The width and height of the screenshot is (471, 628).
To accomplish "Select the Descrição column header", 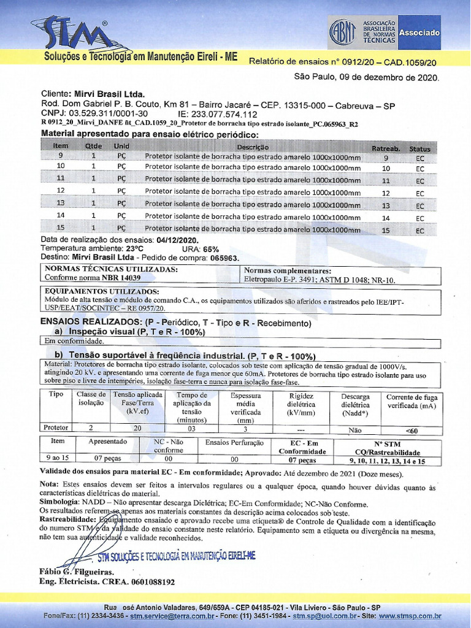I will coord(253,147).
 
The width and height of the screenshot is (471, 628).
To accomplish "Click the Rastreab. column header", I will coord(386,148).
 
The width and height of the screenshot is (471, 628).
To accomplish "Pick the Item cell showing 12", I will coord(61,191).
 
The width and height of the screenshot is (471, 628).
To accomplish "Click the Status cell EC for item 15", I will coord(420,231).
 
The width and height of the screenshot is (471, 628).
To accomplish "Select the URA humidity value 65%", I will coord(210,249).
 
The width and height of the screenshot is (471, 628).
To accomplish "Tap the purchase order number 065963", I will coord(224,258).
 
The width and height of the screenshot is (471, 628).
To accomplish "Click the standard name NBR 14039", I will coord(121,277).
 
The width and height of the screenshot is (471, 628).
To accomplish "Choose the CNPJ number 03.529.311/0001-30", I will coord(108,113).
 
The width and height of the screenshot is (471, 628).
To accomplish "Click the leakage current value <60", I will coord(412,431).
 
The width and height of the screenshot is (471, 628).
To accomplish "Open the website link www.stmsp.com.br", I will coord(410,616).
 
